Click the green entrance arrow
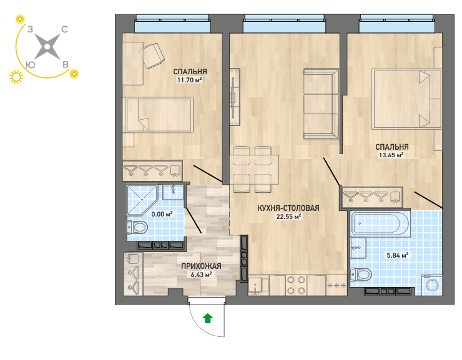coord(208,318)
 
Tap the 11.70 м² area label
coord(189,80)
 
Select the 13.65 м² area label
coord(391,155)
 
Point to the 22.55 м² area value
coord(288,216)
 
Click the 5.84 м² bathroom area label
coord(398,255)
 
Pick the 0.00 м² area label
coord(162,214)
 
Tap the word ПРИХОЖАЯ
coord(201,266)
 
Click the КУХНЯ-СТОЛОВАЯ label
coord(288,208)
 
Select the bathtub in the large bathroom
coord(380,224)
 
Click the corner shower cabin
coord(142,199)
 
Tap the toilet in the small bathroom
coord(137,227)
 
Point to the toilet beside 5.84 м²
coord(361,275)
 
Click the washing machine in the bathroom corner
coord(433,285)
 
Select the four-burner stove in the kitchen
coord(296,285)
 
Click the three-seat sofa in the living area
coord(322,104)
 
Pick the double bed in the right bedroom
coord(406,99)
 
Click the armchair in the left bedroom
coord(152,56)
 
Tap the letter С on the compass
coord(64,29)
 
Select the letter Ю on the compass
coord(31,65)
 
